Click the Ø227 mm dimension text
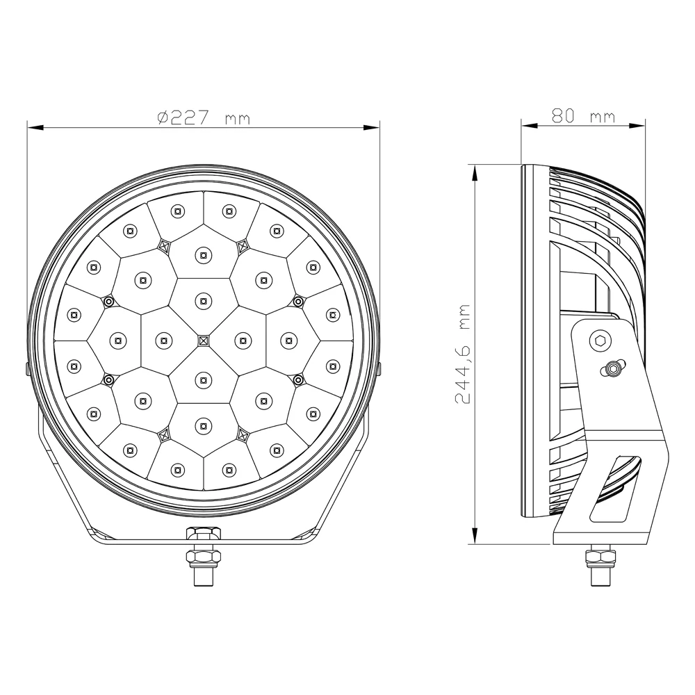[x=203, y=118]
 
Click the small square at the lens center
[x=203, y=340]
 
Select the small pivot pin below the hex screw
[x=613, y=368]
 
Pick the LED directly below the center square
[x=203, y=379]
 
